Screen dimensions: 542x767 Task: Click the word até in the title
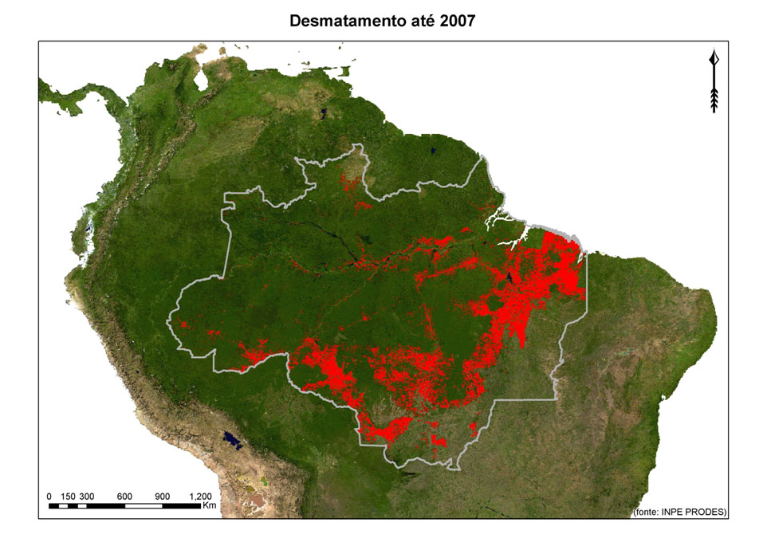[419, 22]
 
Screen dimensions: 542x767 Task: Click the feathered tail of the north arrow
[714, 99]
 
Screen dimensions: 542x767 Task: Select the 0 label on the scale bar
[49, 496]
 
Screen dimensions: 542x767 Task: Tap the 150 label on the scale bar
[68, 496]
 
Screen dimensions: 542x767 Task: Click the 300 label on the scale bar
[87, 496]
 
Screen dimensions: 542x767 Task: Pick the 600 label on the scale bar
[124, 496]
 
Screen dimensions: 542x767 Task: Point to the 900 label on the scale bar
[163, 496]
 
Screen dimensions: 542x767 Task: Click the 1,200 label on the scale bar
[200, 496]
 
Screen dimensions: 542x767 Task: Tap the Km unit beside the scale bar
[210, 505]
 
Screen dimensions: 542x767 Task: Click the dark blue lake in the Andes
[231, 438]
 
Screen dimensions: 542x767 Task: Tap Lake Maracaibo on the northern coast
[202, 79]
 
